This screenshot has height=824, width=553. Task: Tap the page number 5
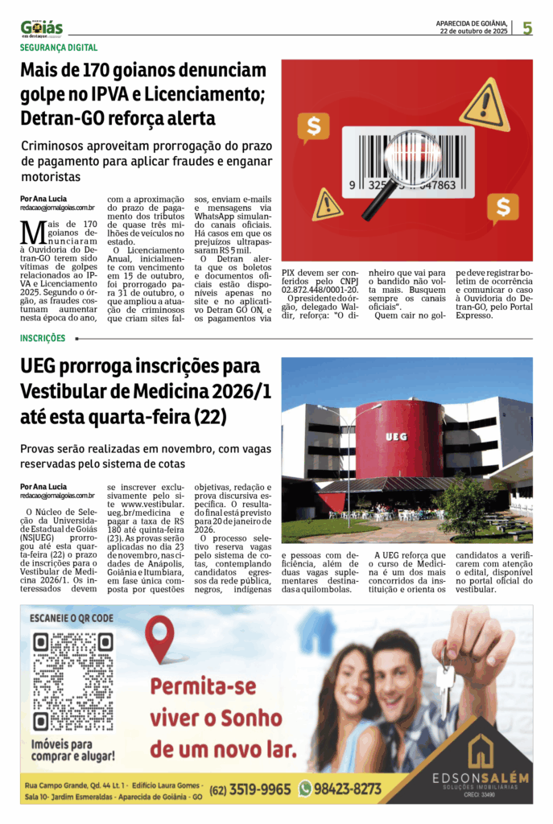pyautogui.click(x=527, y=28)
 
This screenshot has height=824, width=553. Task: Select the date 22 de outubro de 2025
pyautogui.click(x=473, y=32)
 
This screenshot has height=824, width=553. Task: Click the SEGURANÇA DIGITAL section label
pyautogui.click(x=59, y=47)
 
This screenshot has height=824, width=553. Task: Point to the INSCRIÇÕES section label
pyautogui.click(x=43, y=339)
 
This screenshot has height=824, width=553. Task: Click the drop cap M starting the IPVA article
pyautogui.click(x=33, y=233)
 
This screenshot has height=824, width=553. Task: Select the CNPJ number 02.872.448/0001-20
pyautogui.click(x=319, y=289)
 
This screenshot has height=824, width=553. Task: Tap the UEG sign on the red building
pyautogui.click(x=396, y=437)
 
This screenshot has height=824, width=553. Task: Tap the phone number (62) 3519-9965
pyautogui.click(x=250, y=789)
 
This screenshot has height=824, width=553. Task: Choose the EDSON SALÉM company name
pyautogui.click(x=480, y=777)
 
